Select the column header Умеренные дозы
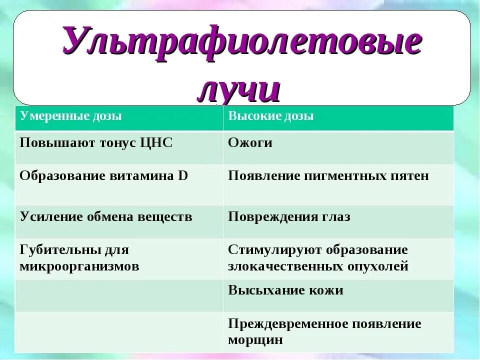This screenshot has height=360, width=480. (71, 116)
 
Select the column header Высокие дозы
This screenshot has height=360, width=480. (271, 116)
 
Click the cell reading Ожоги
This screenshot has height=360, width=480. (250, 142)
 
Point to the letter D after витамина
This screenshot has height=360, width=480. (183, 176)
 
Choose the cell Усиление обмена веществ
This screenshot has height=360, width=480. (106, 217)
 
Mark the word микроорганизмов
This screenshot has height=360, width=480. (79, 266)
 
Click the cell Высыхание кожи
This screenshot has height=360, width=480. (285, 290)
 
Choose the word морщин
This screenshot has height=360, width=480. (255, 340)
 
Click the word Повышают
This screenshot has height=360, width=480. (50, 142)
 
